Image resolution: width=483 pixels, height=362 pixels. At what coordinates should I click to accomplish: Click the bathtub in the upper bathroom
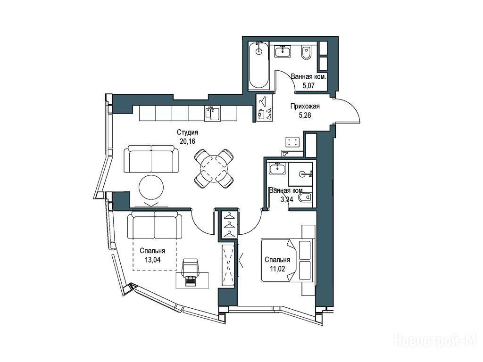click(259, 66)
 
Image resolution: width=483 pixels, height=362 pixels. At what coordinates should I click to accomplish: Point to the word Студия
click(187, 132)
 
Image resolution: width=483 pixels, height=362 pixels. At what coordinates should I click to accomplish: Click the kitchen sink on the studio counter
click(213, 113)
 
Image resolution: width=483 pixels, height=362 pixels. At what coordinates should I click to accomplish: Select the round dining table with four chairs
click(214, 169)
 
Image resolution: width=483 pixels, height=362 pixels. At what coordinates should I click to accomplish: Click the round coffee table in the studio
click(151, 188)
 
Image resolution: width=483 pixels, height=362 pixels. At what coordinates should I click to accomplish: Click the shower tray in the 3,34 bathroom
click(300, 174)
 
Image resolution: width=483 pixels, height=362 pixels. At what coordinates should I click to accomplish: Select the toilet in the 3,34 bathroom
click(306, 198)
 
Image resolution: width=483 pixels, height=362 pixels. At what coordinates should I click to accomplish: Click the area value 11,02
click(277, 269)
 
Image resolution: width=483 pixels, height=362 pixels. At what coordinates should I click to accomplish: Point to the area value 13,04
click(152, 260)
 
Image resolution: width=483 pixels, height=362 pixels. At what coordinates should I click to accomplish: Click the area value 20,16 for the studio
click(188, 141)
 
